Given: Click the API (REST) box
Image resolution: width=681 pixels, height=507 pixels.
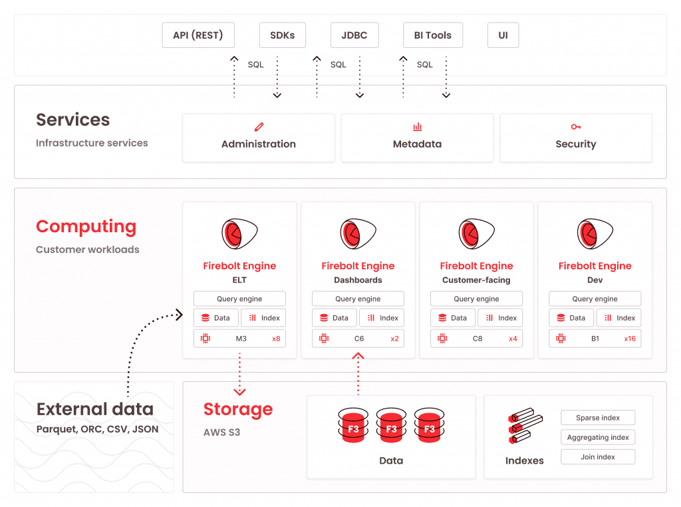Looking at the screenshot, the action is pos(198,35).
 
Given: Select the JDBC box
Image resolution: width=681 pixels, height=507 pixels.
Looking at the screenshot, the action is pos(354,35).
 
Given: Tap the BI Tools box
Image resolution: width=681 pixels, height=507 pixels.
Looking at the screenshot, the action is pos(432,35).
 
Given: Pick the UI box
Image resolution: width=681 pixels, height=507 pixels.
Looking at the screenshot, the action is pos(503,35).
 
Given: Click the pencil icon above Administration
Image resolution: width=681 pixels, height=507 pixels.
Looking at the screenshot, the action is pos(259,127).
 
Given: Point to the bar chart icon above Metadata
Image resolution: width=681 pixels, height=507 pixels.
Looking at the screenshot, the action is pos(418,127).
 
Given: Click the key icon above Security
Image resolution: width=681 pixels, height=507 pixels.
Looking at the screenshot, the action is pos(576,127).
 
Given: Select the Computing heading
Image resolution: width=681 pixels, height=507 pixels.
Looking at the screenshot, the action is pos(86,227).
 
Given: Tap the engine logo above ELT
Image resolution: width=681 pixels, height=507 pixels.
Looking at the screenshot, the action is pos(239,234).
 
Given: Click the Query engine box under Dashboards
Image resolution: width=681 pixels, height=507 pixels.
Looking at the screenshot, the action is pos(358,299).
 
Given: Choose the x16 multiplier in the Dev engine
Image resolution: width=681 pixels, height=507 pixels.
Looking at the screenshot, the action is pos(630,339).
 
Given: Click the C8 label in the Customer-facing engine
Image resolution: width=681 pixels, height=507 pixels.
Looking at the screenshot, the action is pos(477,339).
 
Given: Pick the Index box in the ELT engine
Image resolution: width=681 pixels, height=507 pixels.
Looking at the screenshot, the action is pos(263,318).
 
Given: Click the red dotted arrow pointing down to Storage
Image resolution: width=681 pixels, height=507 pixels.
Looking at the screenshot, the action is pos(239,375).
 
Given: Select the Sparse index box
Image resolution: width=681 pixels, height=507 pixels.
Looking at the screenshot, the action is pos(598,418).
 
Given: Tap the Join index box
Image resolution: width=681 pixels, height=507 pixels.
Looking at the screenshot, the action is pos(598,457).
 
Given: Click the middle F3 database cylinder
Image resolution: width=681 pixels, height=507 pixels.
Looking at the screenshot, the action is pos(391,425).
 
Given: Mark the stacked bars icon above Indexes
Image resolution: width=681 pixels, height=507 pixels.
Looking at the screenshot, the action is pos(525,426).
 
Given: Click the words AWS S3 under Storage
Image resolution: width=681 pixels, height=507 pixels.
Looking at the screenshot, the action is pos(221,432).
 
